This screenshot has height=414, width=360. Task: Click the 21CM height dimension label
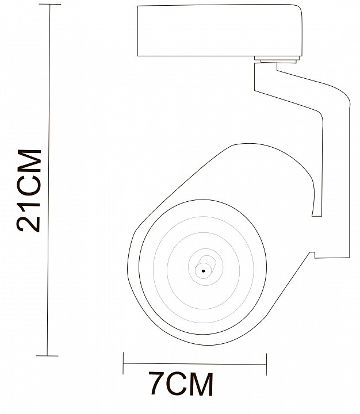pos(29,191)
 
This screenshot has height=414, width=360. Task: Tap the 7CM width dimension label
pos(181,384)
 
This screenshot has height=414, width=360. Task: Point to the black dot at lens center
pos(203,271)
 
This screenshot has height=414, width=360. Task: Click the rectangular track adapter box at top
pos(220,30)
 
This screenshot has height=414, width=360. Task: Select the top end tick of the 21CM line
pos(49,5)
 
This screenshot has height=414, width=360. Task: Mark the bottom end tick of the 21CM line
pos(47,356)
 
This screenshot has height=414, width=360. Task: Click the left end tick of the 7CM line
pos(123,363)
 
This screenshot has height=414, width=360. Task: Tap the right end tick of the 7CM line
pos(266,365)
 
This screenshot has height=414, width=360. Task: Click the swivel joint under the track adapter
pos(277,60)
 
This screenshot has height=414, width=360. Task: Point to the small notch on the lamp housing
pos(312,255)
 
